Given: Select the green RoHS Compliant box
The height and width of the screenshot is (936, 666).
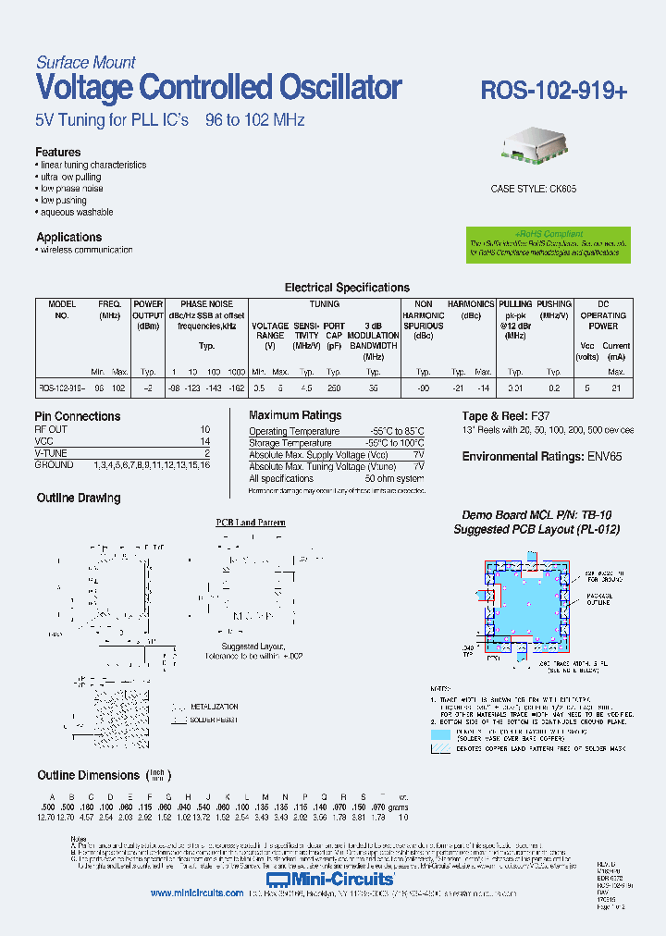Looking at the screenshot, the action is tap(549, 245).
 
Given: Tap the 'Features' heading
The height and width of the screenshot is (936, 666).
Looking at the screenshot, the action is tap(57, 152).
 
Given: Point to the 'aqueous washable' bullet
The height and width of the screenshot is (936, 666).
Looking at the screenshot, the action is tap(76, 212).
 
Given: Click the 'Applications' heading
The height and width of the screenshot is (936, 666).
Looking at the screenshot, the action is tap(68, 237).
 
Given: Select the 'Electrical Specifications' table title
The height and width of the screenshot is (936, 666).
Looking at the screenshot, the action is tap(346, 288).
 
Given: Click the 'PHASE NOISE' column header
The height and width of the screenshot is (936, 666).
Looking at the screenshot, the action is tap(206, 304).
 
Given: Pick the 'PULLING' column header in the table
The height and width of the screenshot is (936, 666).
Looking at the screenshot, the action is tap(515, 304).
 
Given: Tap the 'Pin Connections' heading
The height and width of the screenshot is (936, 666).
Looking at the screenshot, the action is tap(78, 416).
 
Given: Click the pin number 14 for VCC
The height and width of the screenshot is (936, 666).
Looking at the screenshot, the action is tap(204, 442).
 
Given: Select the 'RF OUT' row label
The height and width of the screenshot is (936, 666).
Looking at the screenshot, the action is tap(51, 430).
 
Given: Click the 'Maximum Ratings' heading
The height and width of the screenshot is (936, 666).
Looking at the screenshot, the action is tap(295, 415).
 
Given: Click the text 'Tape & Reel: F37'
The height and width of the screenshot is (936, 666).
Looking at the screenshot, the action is tap(505, 416).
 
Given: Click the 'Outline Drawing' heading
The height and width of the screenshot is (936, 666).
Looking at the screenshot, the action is tap(79, 498).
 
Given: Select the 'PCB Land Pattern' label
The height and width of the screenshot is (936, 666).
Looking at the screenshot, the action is tap(251, 523).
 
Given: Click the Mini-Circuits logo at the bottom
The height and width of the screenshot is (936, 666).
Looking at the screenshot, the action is tap(330, 877).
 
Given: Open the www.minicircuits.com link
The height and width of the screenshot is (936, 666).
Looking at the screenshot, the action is tap(196, 893).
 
